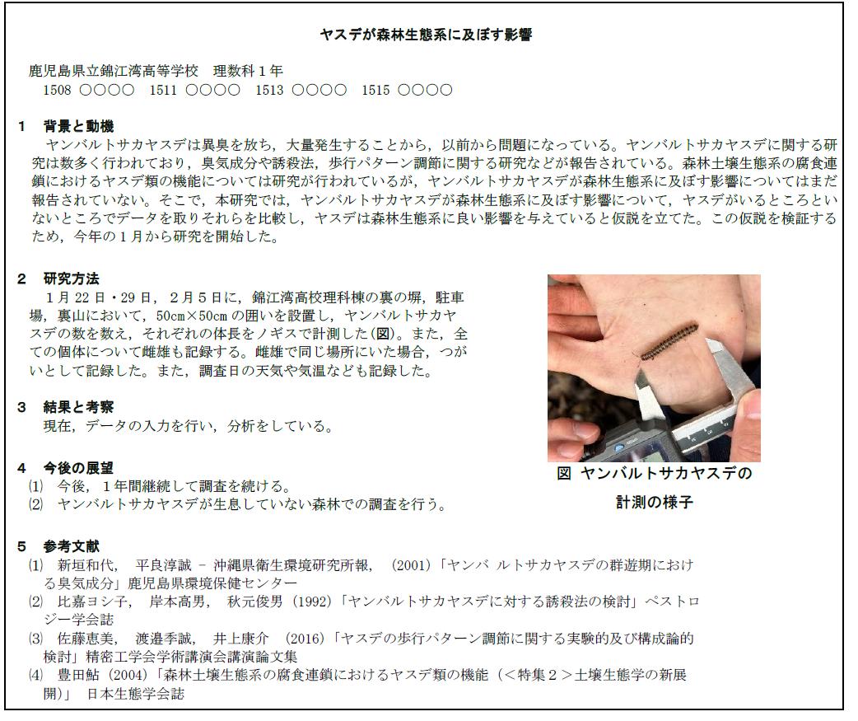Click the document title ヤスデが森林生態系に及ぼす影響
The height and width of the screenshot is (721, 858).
[x=426, y=35]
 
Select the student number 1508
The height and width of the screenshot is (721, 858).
[x=57, y=90]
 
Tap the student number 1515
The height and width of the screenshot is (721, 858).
[x=375, y=90]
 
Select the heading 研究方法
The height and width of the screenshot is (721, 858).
[x=72, y=279]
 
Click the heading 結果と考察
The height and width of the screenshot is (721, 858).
[x=78, y=407]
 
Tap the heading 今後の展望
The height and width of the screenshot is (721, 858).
[x=78, y=468]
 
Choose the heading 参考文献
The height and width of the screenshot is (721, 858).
[x=72, y=546]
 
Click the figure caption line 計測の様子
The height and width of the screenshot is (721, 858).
[x=655, y=502]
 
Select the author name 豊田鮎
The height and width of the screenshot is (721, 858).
[x=72, y=675]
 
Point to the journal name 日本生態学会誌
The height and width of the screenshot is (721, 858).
[x=136, y=694]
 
